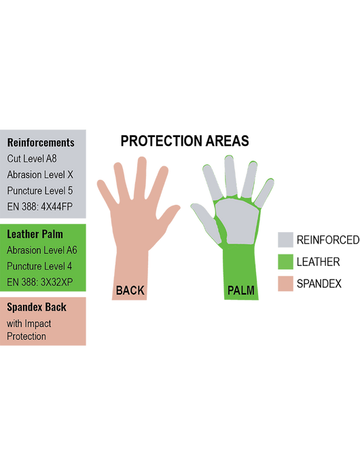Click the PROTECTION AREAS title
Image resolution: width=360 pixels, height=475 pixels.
[185, 141]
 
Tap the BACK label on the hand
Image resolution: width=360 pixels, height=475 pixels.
[130, 290]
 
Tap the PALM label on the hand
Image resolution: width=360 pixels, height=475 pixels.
[241, 290]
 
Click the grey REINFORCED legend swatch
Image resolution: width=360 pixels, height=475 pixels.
[285, 240]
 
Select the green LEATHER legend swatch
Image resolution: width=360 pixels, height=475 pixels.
[285, 261]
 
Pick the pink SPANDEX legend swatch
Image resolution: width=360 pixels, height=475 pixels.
[285, 284]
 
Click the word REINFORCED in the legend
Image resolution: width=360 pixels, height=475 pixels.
[328, 240]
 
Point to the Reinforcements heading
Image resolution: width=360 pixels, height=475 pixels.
[41, 142]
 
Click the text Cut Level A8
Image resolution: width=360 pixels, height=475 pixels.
[32, 158]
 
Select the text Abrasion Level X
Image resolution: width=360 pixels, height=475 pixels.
[40, 174]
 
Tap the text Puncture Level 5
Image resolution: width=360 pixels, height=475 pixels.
[40, 191]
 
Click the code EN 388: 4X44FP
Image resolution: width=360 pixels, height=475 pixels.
[39, 206]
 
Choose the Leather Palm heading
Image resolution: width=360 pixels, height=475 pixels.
[35, 234]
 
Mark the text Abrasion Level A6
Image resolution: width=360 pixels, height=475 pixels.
[42, 250]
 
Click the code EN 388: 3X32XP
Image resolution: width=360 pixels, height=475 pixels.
[39, 282]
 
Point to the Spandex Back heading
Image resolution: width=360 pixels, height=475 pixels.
[37, 307]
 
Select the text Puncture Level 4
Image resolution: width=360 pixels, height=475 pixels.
[39, 266]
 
